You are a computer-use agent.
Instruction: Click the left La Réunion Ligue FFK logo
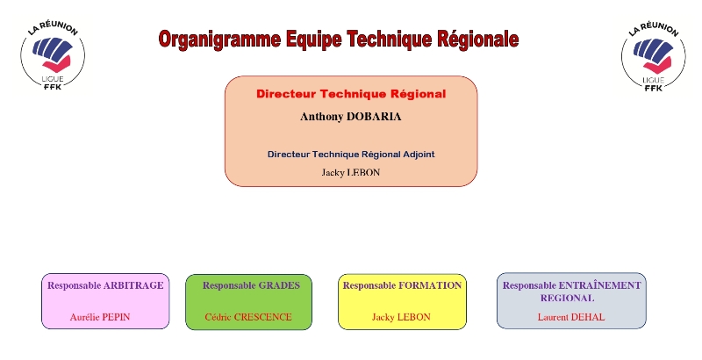pos(53,55)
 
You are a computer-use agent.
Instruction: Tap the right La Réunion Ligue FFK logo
pos(654,56)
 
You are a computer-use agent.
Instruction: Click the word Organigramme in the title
pos(220,40)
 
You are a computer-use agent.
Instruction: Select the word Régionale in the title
pos(477,40)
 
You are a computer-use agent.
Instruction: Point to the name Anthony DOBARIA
pos(350,117)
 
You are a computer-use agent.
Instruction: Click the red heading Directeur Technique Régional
pos(351,94)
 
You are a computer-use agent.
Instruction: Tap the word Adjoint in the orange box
pos(419,155)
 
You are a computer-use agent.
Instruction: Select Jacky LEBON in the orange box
pos(350,172)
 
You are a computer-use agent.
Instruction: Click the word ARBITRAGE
pos(133,285)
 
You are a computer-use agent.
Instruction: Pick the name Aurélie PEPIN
pos(100,317)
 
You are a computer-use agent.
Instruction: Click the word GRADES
pos(279,285)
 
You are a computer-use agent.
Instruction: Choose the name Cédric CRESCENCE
pos(248,317)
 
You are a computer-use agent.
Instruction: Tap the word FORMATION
pos(430,285)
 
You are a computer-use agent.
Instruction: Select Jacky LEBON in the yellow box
pos(401,317)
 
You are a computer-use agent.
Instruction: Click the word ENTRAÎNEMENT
pos(600,285)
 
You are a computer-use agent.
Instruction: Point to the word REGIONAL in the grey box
pos(567,299)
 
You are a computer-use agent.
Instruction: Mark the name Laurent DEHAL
pos(571,317)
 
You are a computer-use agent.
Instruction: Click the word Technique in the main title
pos(389,40)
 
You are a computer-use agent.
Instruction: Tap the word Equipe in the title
pos(313,40)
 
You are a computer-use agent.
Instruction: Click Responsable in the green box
pos(229,285)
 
